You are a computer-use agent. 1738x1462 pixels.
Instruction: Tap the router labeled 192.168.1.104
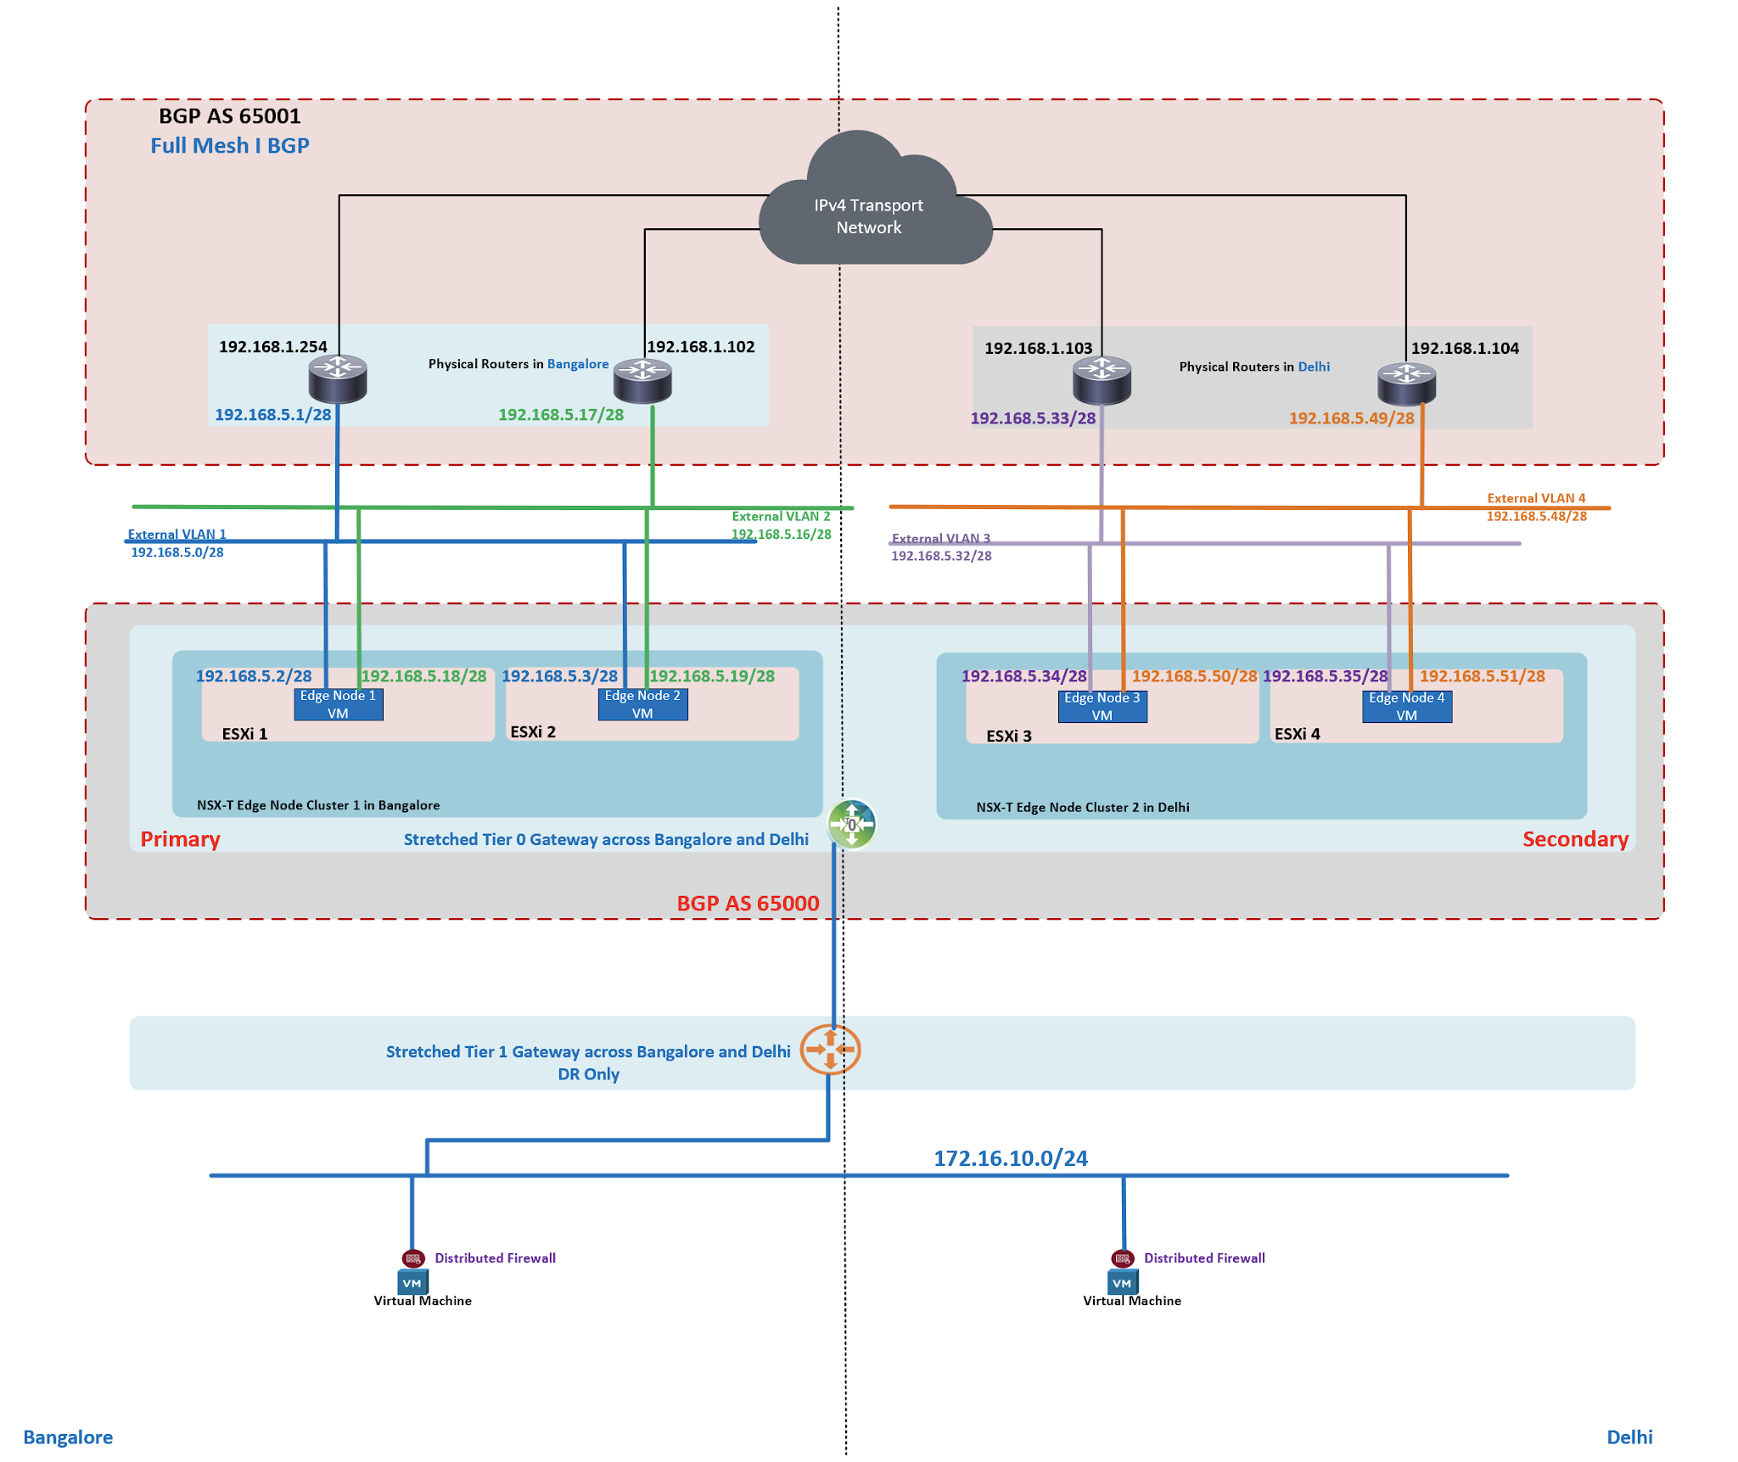pos(1405,383)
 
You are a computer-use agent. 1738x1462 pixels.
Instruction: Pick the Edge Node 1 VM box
pos(338,704)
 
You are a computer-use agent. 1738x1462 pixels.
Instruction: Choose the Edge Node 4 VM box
pos(1406,706)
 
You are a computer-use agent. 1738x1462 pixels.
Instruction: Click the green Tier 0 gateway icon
pos(851,824)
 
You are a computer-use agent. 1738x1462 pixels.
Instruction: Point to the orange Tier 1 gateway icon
pos(830,1050)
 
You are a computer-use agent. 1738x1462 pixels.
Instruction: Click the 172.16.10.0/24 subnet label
pos(1010,1158)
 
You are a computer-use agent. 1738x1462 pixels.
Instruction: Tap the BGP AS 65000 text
pos(748,903)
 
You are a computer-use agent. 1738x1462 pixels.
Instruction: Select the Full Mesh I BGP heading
pos(229,146)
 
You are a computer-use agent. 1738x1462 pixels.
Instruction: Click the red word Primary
pos(180,839)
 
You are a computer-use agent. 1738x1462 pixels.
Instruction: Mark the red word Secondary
pos(1574,839)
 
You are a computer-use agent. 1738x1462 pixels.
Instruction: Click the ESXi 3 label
pos(1008,736)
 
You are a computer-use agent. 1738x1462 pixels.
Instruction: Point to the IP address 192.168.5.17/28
pos(560,415)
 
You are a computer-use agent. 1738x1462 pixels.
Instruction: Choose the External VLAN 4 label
pos(1535,498)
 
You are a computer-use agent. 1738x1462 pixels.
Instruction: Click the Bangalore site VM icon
pos(412,1282)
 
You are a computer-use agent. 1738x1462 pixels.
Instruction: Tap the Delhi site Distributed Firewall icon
pos(1122,1258)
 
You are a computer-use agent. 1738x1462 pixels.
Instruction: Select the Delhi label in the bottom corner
pos(1629,1437)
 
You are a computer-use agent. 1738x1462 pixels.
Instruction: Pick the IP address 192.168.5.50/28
pos(1193,676)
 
